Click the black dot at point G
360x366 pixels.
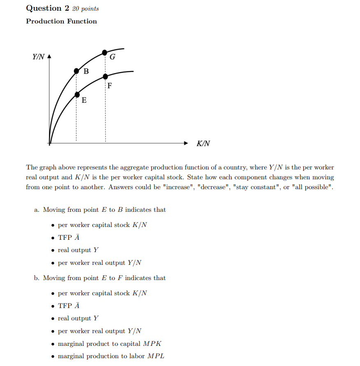click(x=105, y=52)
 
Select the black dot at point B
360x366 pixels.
click(x=76, y=71)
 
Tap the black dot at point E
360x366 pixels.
click(x=77, y=95)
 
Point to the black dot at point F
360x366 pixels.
click(x=105, y=76)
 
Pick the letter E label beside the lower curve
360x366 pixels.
click(x=84, y=100)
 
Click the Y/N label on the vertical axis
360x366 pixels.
click(x=38, y=57)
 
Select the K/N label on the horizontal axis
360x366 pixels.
click(x=203, y=144)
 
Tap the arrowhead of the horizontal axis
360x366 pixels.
click(x=186, y=144)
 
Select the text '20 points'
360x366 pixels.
click(x=85, y=9)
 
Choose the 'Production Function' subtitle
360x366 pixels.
click(x=62, y=21)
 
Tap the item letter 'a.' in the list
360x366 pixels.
click(x=37, y=210)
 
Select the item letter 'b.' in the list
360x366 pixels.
click(x=37, y=278)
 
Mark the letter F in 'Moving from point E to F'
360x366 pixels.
click(x=120, y=278)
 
